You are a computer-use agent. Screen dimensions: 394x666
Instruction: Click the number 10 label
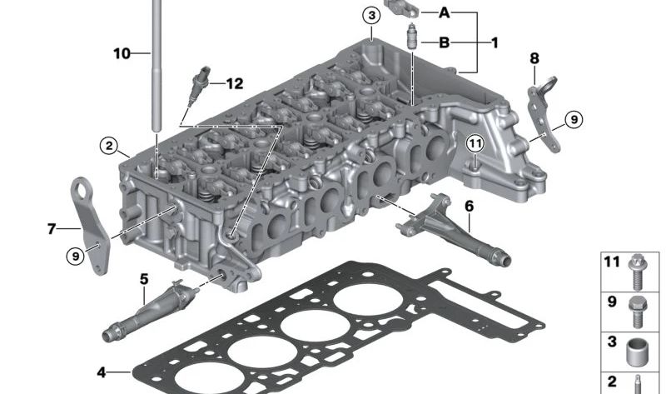coord(122,53)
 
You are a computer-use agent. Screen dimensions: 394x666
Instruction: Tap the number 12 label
coord(234,83)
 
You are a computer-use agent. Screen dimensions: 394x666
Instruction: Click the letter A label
coord(444,12)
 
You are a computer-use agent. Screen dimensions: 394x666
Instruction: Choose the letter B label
coord(444,42)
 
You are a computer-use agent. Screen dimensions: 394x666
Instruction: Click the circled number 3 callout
coord(371,15)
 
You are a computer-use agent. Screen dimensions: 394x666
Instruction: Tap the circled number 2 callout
coord(109,147)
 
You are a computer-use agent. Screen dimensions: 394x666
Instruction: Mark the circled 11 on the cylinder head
coord(475,143)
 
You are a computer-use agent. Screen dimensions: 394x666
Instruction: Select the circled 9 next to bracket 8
coord(573,120)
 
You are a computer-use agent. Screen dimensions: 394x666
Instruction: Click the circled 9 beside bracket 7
coord(76,257)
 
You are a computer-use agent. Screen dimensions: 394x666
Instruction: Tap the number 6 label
coord(469,205)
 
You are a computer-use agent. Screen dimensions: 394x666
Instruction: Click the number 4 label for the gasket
coord(101,372)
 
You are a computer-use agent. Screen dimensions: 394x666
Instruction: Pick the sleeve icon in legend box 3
coord(637,350)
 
